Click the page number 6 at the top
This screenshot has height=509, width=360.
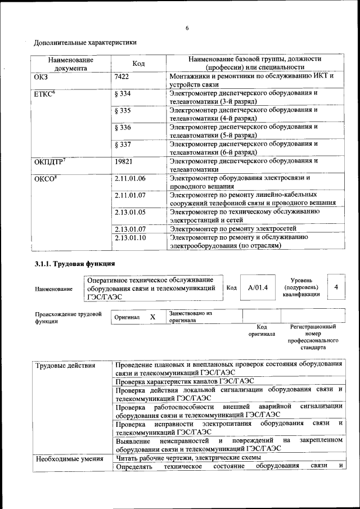[x=187, y=28]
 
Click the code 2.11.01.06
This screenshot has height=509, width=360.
[x=130, y=179]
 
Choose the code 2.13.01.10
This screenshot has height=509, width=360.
[x=130, y=238]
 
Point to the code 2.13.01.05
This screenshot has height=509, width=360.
[x=130, y=212]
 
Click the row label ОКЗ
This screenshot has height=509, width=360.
[x=43, y=76]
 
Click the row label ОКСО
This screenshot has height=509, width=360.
[x=44, y=179]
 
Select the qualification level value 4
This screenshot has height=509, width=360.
[x=336, y=287]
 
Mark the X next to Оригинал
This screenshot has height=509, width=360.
[x=152, y=317]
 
